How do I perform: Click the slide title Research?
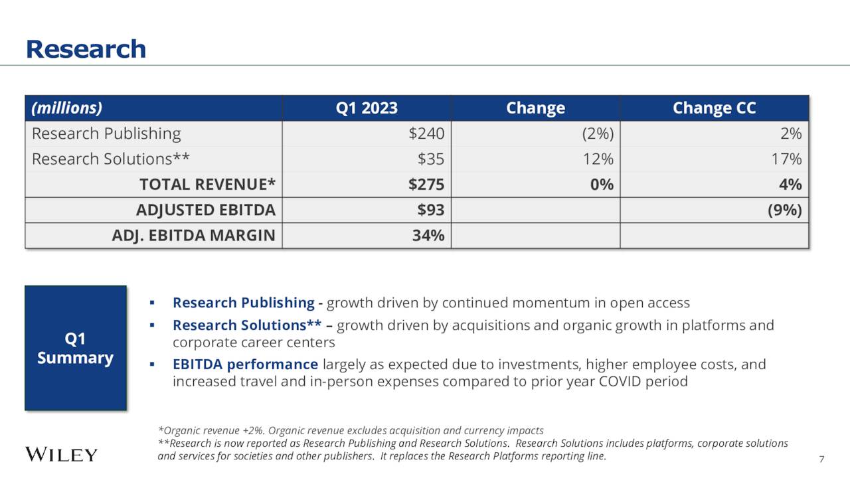(x=86, y=49)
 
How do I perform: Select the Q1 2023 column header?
(x=367, y=108)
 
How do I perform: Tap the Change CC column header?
(x=714, y=108)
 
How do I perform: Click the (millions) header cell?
(x=67, y=108)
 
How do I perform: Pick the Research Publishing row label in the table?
(x=106, y=133)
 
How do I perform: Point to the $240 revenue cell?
(x=426, y=133)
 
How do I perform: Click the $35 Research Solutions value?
(x=430, y=159)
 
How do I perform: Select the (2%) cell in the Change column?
(x=598, y=133)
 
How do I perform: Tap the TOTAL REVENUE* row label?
(x=207, y=185)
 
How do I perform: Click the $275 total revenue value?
(x=426, y=185)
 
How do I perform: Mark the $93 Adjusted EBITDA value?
(x=430, y=210)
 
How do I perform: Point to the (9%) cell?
(x=784, y=210)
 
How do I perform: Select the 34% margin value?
(x=428, y=235)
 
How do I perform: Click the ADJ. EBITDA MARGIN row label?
(x=193, y=235)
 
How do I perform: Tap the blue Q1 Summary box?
(x=75, y=348)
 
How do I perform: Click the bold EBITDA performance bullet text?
(x=245, y=364)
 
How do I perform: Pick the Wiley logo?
(x=61, y=455)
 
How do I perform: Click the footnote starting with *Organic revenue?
(x=351, y=430)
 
